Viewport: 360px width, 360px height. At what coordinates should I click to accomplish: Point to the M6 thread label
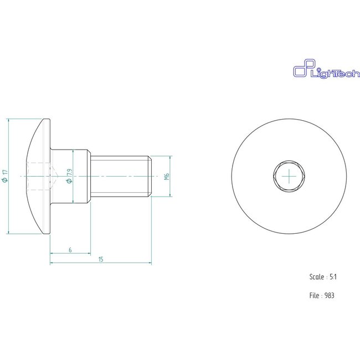pos(167,176)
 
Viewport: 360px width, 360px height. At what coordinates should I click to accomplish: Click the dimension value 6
pos(70,250)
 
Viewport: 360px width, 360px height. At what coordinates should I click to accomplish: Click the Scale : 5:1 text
pos(321,275)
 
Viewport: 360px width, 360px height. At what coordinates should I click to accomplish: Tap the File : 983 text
pos(322,295)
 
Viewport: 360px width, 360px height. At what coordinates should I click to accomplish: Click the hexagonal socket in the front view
pos(290,176)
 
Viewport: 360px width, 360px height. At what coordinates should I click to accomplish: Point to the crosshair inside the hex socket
pos(290,176)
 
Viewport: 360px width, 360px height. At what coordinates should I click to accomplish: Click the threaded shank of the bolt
pos(119,176)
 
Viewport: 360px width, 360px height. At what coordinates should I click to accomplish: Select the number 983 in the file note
pos(330,295)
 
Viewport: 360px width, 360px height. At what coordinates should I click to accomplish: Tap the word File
pos(314,295)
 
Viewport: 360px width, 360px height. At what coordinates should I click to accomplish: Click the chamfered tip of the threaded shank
pos(148,176)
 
